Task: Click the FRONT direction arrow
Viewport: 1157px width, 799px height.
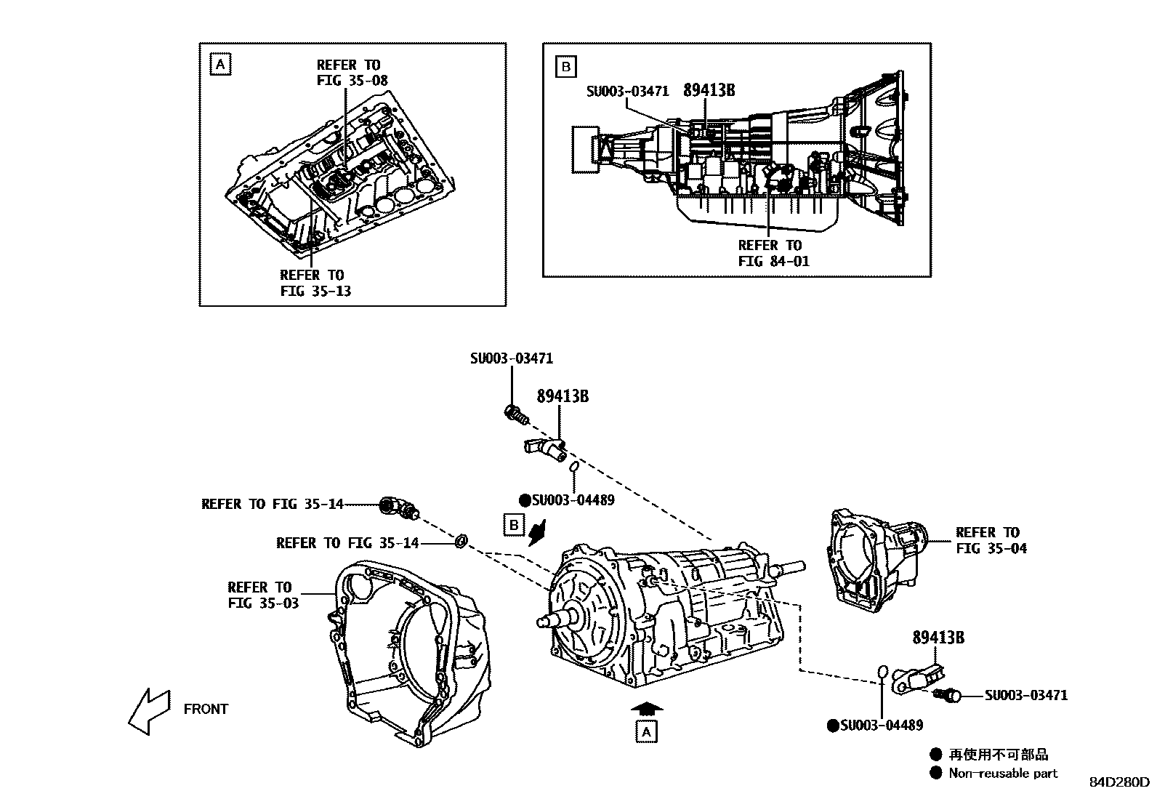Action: pyautogui.click(x=149, y=710)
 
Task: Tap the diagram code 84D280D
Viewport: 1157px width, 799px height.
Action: pyautogui.click(x=1118, y=782)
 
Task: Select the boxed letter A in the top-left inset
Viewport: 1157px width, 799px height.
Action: pyautogui.click(x=220, y=65)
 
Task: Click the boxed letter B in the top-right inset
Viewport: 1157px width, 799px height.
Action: pyautogui.click(x=565, y=68)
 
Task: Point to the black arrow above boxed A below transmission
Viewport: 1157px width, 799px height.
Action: pyautogui.click(x=645, y=707)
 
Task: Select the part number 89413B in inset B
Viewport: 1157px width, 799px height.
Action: pyautogui.click(x=709, y=90)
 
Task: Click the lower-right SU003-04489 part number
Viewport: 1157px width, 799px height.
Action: pyautogui.click(x=881, y=725)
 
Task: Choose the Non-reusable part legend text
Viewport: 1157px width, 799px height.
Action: pyautogui.click(x=1003, y=774)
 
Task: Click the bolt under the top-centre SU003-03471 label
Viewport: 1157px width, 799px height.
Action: pyautogui.click(x=514, y=414)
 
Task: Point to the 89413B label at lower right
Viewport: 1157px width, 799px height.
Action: pyautogui.click(x=938, y=637)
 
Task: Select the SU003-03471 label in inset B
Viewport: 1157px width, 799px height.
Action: pyautogui.click(x=627, y=92)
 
